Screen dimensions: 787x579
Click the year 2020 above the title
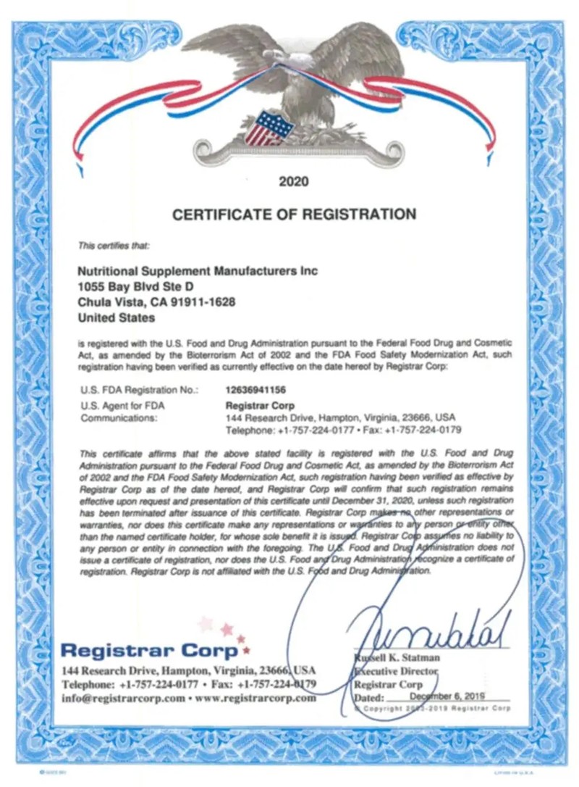(294, 182)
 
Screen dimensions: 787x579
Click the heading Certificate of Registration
(294, 215)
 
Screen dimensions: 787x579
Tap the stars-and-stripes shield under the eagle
(269, 128)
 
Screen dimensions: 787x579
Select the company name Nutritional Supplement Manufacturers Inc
(197, 270)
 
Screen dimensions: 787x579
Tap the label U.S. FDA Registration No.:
(140, 391)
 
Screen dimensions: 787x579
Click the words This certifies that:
(114, 246)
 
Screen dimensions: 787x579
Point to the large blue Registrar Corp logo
(149, 649)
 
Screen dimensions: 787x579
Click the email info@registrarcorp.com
(124, 699)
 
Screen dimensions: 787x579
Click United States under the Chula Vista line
(116, 317)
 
